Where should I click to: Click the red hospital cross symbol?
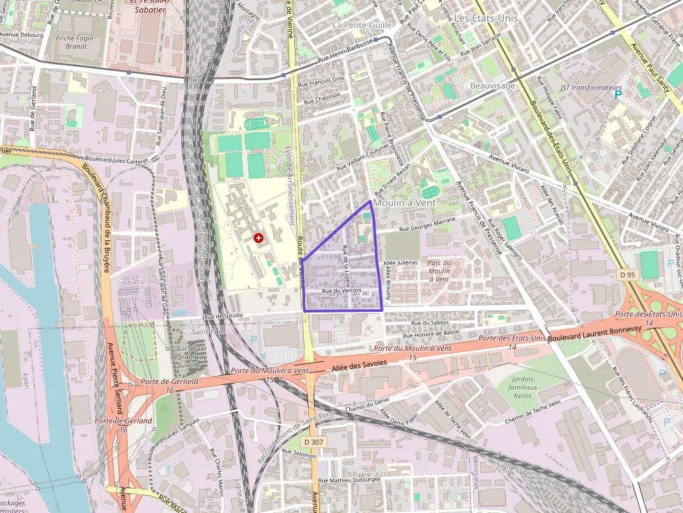pyautogui.click(x=259, y=239)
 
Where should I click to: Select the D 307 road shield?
pyautogui.click(x=314, y=442)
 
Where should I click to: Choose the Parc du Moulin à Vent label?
pyautogui.click(x=439, y=270)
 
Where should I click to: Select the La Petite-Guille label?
pyautogui.click(x=362, y=25)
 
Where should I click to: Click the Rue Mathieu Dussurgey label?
pyautogui.click(x=349, y=480)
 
